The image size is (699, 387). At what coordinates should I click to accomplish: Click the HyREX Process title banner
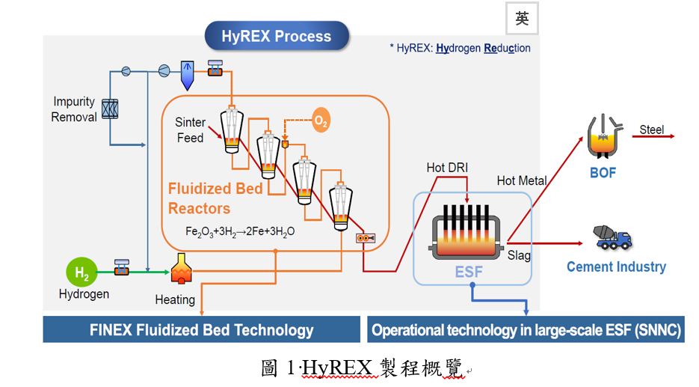[x=277, y=36]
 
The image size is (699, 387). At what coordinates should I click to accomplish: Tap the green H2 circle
[x=81, y=272]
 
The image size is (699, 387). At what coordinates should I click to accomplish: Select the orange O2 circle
[x=321, y=120]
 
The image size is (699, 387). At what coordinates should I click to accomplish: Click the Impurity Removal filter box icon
[x=110, y=109]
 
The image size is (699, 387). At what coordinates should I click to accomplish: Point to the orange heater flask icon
[x=181, y=269]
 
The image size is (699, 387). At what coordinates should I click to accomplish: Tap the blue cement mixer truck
[x=612, y=237]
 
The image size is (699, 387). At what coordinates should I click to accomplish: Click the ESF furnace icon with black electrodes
[x=466, y=232]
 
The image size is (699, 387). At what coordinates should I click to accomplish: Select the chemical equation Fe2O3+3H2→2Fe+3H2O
[x=240, y=231]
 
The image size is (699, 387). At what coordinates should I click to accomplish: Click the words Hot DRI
[x=447, y=168]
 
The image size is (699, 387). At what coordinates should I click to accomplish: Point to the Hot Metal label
[x=522, y=180]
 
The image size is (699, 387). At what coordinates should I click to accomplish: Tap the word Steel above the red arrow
[x=652, y=129]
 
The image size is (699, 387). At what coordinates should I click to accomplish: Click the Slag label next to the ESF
[x=519, y=255]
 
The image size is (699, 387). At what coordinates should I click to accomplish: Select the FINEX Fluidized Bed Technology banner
[x=202, y=329]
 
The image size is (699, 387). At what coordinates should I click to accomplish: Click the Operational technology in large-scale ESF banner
[x=526, y=329]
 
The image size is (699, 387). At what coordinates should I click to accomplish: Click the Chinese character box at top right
[x=522, y=18]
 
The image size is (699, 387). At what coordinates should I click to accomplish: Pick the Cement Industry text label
[x=617, y=266]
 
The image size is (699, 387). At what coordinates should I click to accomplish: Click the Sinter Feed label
[x=191, y=130]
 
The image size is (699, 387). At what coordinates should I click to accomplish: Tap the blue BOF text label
[x=603, y=173]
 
